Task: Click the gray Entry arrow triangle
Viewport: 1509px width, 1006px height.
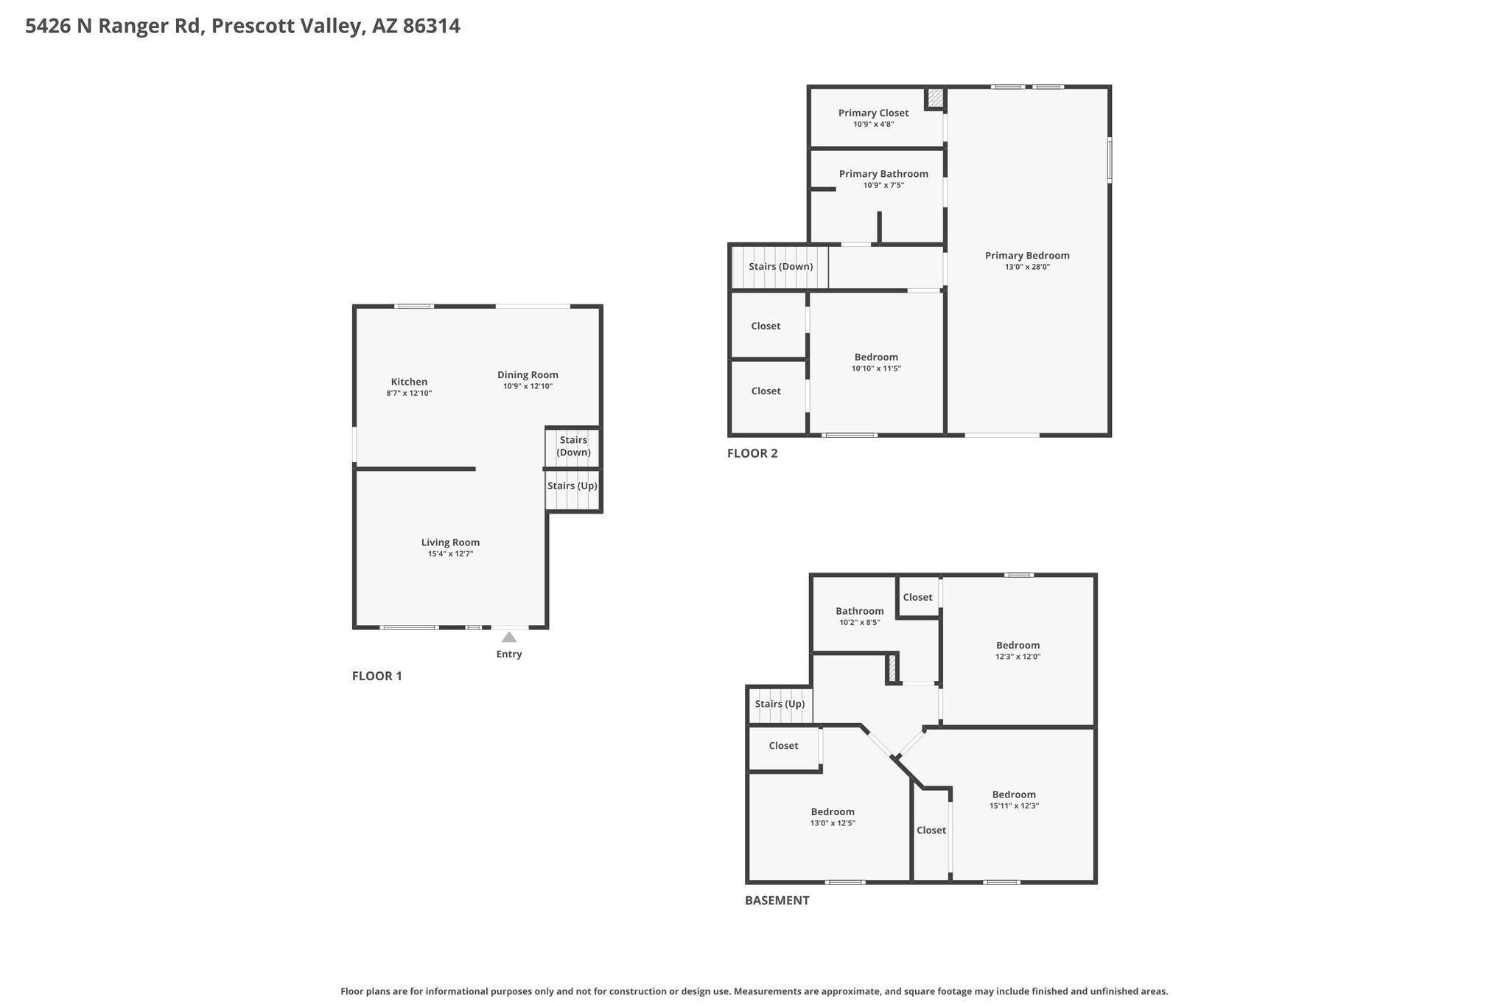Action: pyautogui.click(x=509, y=637)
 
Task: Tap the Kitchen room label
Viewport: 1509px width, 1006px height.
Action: pyautogui.click(x=409, y=382)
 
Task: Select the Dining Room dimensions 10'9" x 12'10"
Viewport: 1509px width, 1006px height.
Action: pyautogui.click(x=528, y=386)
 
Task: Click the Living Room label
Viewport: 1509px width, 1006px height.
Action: pyautogui.click(x=450, y=542)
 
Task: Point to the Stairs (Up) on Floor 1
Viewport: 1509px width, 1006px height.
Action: pyautogui.click(x=573, y=486)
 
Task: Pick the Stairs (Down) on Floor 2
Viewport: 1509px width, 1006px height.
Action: pyautogui.click(x=781, y=267)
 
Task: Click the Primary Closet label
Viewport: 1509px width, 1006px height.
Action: pyautogui.click(x=873, y=113)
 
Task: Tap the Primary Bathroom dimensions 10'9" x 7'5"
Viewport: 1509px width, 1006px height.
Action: pyautogui.click(x=883, y=186)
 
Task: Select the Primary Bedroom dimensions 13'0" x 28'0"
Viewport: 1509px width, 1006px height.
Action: pyautogui.click(x=1027, y=268)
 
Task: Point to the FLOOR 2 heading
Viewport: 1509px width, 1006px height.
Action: pyautogui.click(x=752, y=453)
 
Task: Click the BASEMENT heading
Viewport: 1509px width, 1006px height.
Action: pyautogui.click(x=777, y=900)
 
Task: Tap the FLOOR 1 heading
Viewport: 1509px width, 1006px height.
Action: pyautogui.click(x=377, y=676)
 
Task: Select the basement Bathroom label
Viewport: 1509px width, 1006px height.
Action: pyautogui.click(x=860, y=611)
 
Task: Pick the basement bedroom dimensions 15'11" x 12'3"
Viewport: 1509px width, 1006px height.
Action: pyautogui.click(x=1014, y=806)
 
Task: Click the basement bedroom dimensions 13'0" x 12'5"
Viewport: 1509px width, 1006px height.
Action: pyautogui.click(x=833, y=824)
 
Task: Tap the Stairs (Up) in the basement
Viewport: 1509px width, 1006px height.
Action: pyautogui.click(x=780, y=704)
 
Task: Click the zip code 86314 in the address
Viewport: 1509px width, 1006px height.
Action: pyautogui.click(x=432, y=27)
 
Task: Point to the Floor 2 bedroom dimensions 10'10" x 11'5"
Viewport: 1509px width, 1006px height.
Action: pyautogui.click(x=877, y=368)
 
